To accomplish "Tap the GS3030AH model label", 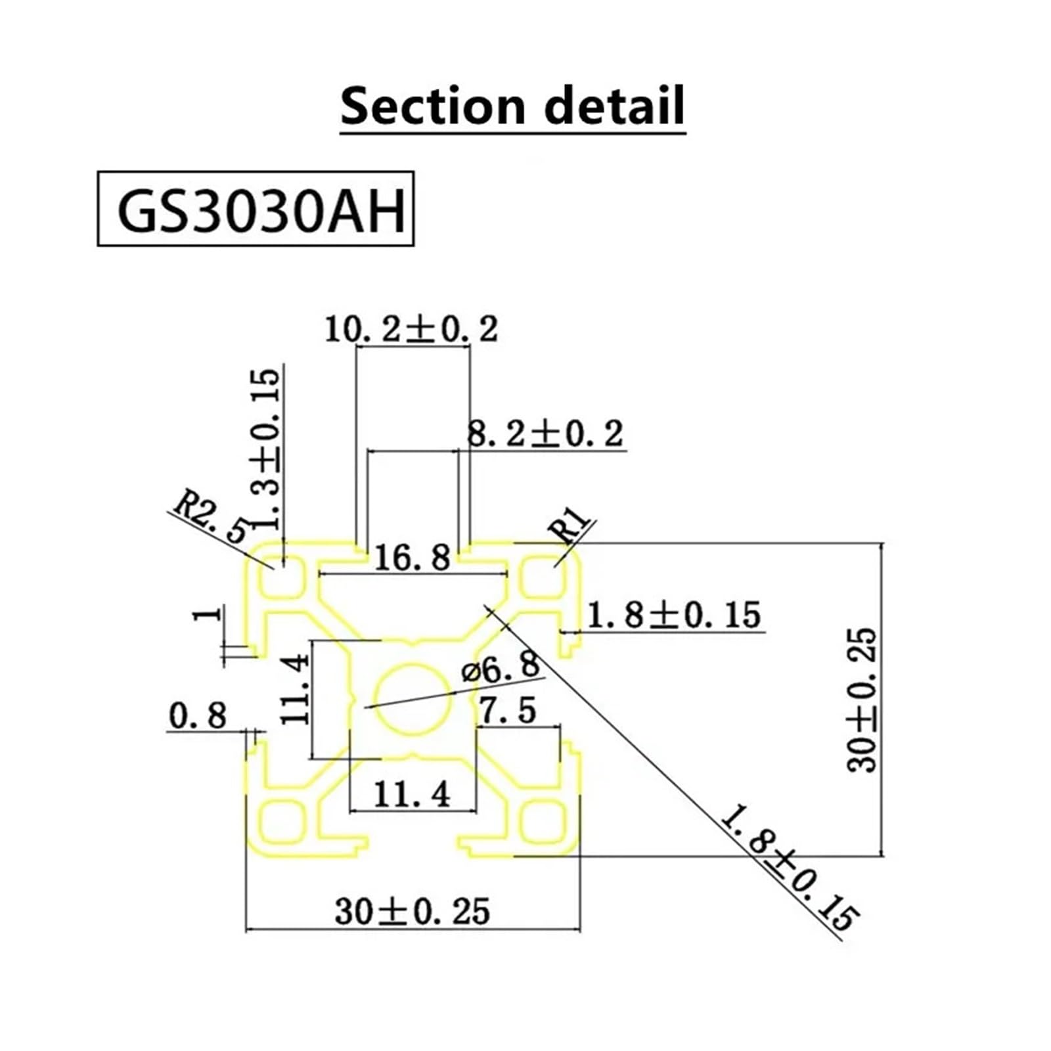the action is tap(261, 210).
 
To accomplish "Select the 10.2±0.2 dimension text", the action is tap(412, 328).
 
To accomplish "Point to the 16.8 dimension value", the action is tap(413, 558).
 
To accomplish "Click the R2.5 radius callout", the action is tap(211, 519).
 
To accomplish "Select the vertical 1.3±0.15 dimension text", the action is tap(266, 449).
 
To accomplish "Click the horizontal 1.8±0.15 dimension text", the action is tap(673, 615).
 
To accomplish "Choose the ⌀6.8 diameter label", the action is tap(501, 669).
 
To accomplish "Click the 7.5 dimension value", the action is tap(507, 710).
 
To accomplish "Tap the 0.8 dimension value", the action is tap(198, 715).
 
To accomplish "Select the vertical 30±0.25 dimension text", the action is tap(862, 700).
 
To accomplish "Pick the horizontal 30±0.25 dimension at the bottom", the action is tap(413, 912).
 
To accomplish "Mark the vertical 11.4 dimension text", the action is tap(295, 688).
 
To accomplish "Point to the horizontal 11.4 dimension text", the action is tap(412, 794).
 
